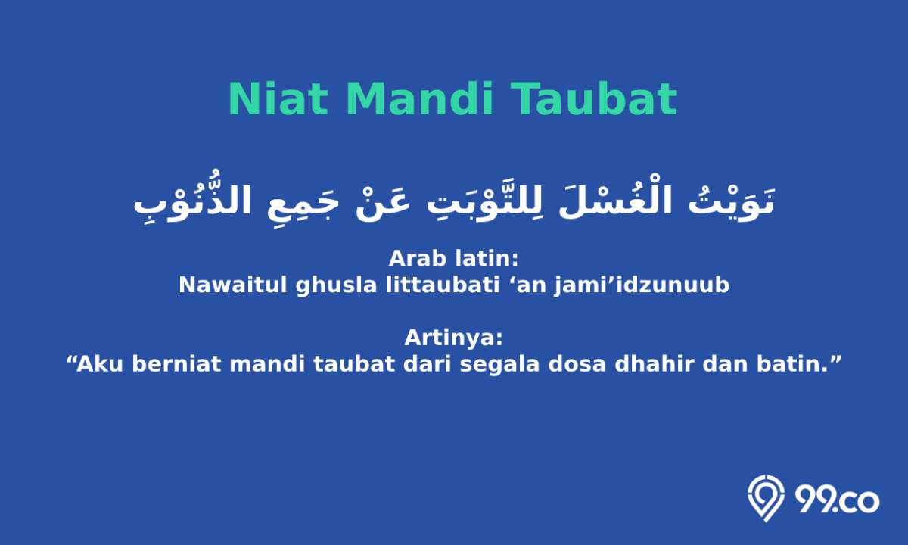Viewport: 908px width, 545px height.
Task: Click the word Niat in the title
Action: (278, 99)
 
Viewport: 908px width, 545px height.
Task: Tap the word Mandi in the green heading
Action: (419, 99)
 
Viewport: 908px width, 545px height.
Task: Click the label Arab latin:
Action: (453, 258)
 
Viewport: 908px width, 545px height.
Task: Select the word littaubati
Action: (443, 285)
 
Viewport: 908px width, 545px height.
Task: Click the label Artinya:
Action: (453, 338)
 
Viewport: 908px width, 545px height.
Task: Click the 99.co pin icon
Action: (766, 498)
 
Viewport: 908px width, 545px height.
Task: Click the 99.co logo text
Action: (837, 499)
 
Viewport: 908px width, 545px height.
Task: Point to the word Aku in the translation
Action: (100, 364)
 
